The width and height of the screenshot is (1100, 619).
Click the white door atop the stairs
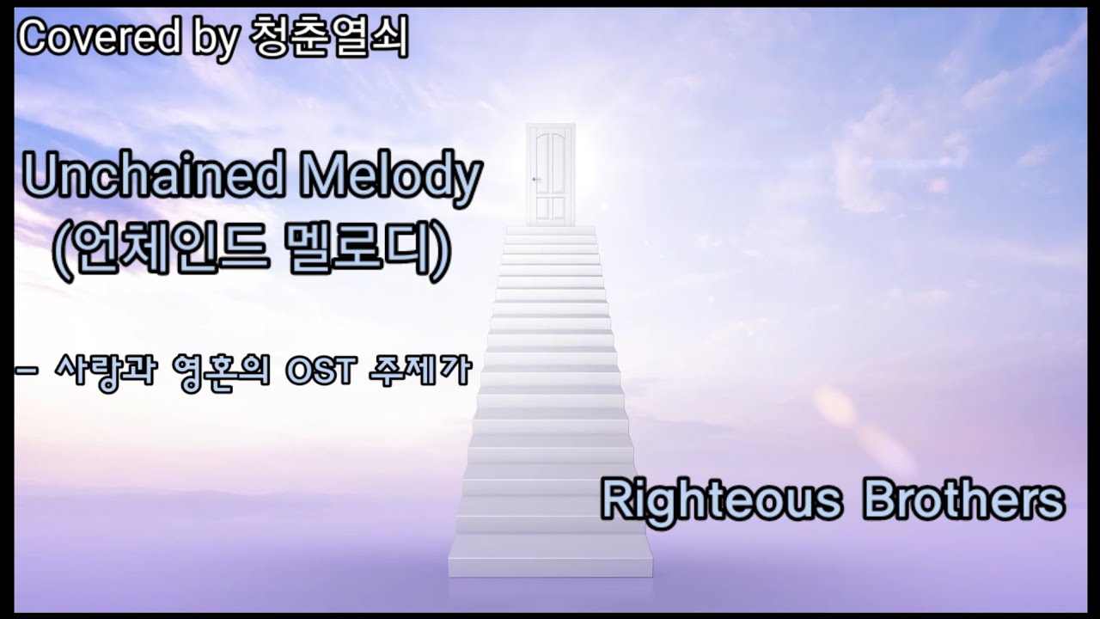pos(550,175)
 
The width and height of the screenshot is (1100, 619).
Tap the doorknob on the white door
pos(535,179)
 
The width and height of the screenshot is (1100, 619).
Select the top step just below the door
pos(550,230)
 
